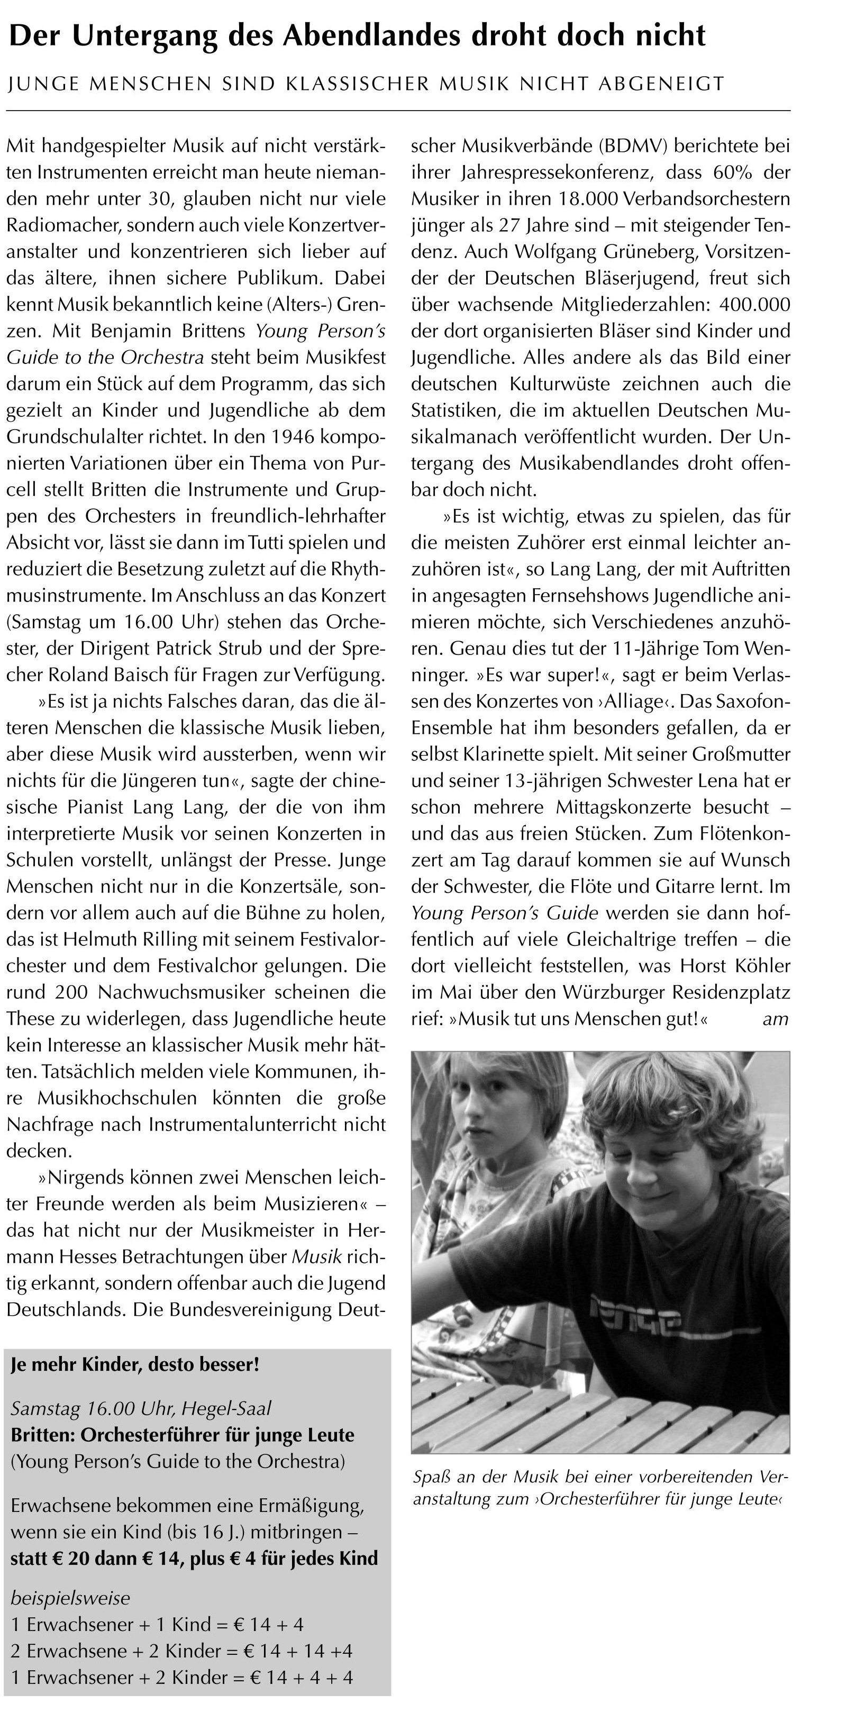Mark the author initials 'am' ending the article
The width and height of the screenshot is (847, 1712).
point(775,1019)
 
